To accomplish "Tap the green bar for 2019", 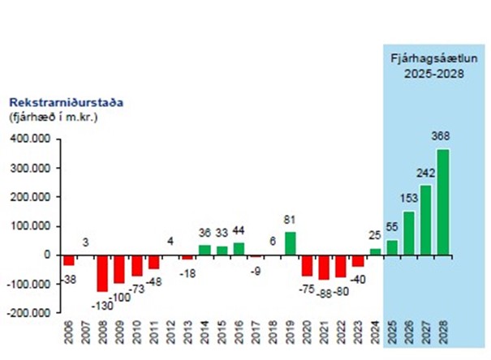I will (x=291, y=243).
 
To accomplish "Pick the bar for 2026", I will (x=409, y=234).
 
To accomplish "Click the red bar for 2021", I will (x=325, y=267).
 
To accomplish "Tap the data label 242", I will (x=426, y=172).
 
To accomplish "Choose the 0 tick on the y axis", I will (x=48, y=255).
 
